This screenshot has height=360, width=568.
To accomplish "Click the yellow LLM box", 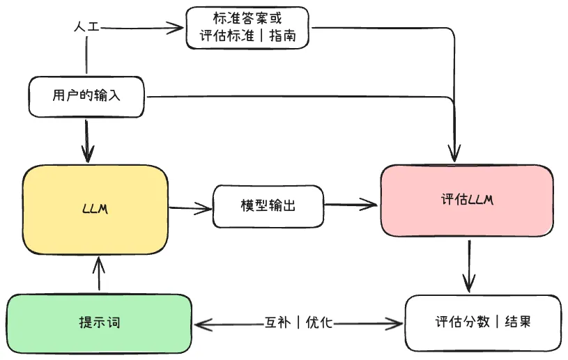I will [95, 210].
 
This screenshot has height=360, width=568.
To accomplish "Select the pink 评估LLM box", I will [467, 201].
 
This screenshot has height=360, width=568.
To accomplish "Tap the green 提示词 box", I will [99, 323].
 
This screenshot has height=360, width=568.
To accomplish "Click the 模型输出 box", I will [268, 206].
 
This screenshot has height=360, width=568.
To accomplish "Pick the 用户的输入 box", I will [86, 95].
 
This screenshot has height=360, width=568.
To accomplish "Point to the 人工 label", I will [87, 27].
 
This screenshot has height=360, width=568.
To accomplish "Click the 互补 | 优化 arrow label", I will [299, 322].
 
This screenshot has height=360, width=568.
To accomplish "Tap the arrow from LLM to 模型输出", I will [190, 207].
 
